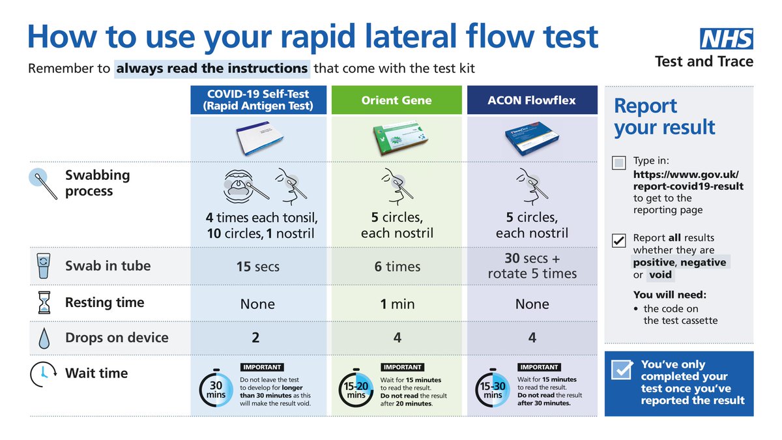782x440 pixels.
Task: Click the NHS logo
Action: click(x=727, y=38)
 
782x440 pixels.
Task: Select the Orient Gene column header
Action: click(x=397, y=100)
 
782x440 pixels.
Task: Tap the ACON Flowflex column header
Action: click(x=532, y=100)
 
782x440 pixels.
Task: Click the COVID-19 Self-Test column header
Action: click(x=258, y=100)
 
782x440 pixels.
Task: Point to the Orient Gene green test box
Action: click(x=399, y=138)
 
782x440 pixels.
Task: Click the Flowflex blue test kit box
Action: click(x=532, y=138)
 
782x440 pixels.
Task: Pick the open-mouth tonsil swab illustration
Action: click(x=244, y=186)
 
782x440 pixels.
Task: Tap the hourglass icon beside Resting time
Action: click(x=44, y=302)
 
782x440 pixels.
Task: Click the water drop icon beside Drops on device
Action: click(x=44, y=338)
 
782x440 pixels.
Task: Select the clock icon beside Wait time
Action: click(x=43, y=374)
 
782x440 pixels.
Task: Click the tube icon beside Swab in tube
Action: click(x=44, y=266)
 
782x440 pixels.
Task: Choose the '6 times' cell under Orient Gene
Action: click(x=398, y=267)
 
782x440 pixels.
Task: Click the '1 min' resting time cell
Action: click(x=398, y=304)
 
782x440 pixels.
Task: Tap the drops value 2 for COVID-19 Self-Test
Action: click(x=255, y=338)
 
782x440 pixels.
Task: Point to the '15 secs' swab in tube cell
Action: click(x=258, y=267)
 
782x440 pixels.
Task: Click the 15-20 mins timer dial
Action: click(x=356, y=389)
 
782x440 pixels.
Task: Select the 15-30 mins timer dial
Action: click(x=493, y=389)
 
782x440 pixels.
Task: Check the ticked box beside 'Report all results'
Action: click(x=618, y=241)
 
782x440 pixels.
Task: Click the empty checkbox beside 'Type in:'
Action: click(x=618, y=163)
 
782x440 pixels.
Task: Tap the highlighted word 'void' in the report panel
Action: click(x=660, y=275)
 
